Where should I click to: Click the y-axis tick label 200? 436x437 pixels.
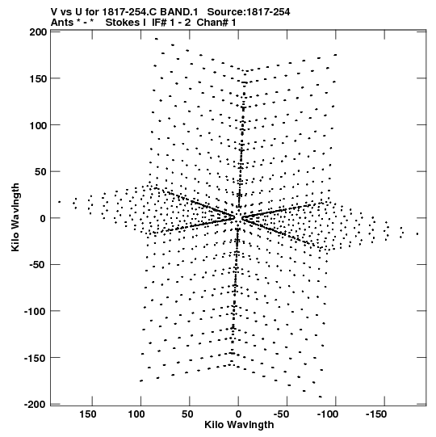(x=38, y=32)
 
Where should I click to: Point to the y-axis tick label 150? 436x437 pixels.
(x=38, y=79)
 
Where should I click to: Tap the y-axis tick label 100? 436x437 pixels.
(x=38, y=125)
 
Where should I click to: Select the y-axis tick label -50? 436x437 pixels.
(x=38, y=265)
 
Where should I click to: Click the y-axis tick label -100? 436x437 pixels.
(x=36, y=311)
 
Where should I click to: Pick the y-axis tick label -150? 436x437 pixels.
(x=36, y=358)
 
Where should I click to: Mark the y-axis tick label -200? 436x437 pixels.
(x=36, y=405)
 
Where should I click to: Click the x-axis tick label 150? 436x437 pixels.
(x=88, y=414)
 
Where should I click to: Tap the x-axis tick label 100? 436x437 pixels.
(x=136, y=414)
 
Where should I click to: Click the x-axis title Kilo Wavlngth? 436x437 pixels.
(x=239, y=425)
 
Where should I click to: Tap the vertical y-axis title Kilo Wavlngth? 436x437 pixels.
(x=15, y=217)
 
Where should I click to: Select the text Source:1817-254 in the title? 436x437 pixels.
(x=249, y=12)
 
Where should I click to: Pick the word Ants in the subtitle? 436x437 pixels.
(x=61, y=23)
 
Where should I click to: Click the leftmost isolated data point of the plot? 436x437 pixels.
(x=59, y=202)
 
